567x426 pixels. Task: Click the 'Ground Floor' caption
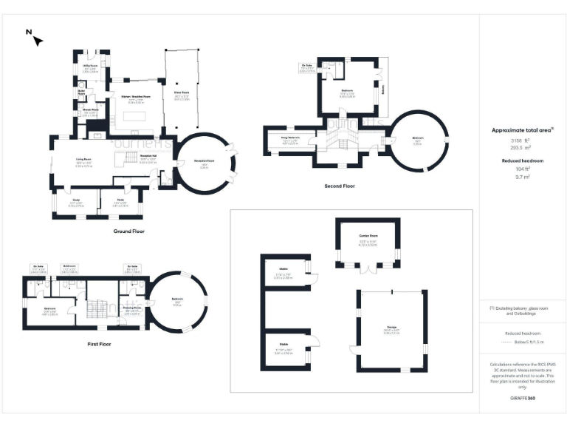pyautogui.click(x=128, y=231)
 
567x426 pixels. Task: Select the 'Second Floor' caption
pyautogui.click(x=340, y=186)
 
